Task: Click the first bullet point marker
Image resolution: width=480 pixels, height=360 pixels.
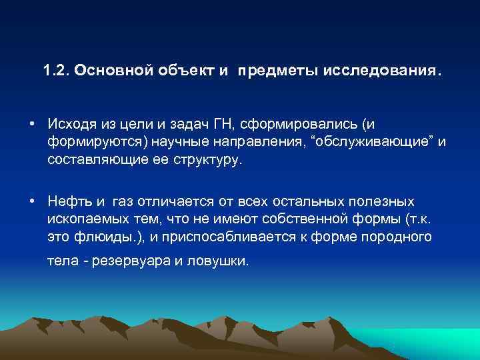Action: click(32, 124)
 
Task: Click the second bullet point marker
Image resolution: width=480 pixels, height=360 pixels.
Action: click(32, 201)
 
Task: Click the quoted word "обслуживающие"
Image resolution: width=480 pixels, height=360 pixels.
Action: click(379, 143)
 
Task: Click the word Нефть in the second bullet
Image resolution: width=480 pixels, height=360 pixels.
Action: click(67, 201)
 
